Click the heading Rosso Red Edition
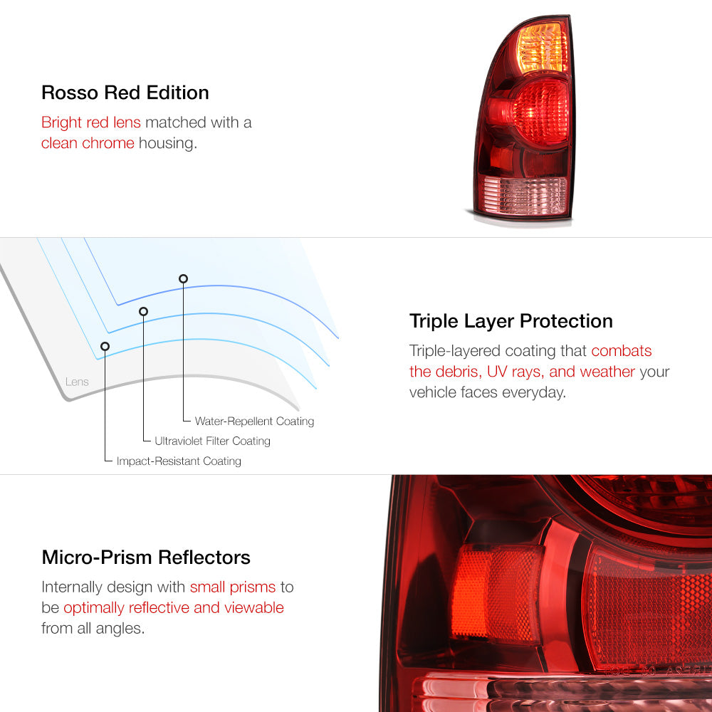click(x=125, y=93)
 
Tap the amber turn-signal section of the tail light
click(x=542, y=48)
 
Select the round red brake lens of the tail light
click(x=540, y=112)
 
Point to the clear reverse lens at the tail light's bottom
click(x=525, y=195)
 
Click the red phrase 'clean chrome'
click(x=88, y=143)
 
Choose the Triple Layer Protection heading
click(x=511, y=321)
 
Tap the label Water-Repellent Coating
click(x=254, y=422)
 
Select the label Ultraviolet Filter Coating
click(x=212, y=441)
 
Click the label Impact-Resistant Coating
click(x=179, y=461)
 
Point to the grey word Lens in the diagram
click(x=77, y=382)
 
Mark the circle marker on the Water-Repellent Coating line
click(x=183, y=279)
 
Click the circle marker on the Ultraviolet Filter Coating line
click(x=144, y=312)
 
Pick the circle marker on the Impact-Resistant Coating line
click(x=105, y=347)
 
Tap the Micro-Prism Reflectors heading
click(x=146, y=557)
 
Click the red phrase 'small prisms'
click(x=233, y=587)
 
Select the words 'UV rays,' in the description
click(x=515, y=372)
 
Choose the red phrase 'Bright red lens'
click(x=91, y=122)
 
